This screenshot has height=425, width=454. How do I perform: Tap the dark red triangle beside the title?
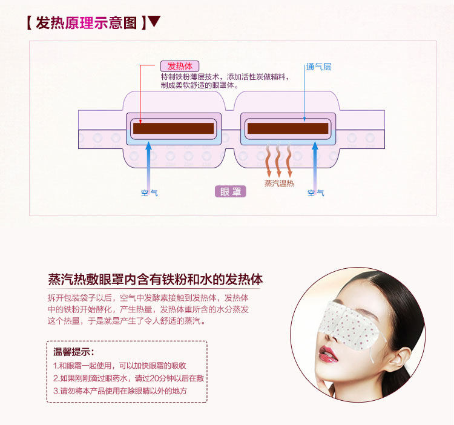pos(154,22)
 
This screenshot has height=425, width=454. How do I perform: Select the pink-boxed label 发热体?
pos(180,66)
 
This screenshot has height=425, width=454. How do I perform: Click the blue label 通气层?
pos(318,67)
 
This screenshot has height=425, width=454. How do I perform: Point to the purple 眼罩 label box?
pos(230,192)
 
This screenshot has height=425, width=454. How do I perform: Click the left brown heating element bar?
pos(174,128)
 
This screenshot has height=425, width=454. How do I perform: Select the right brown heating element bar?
pos(288,128)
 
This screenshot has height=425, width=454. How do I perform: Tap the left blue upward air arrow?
pos(149,163)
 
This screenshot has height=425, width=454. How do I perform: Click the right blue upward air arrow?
pos(315,163)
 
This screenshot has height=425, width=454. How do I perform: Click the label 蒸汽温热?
pos(279,183)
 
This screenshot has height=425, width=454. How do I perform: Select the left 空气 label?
pos(149,193)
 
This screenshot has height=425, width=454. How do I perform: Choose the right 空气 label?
pos(315,193)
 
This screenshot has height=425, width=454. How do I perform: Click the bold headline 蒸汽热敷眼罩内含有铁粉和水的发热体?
pos(155,280)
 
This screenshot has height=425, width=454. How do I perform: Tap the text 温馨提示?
pos(74,352)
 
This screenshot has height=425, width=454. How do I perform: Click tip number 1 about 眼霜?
pos(119,366)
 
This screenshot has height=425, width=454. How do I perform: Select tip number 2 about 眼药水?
pos(128,378)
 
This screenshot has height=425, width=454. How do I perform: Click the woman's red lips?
pos(331,352)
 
